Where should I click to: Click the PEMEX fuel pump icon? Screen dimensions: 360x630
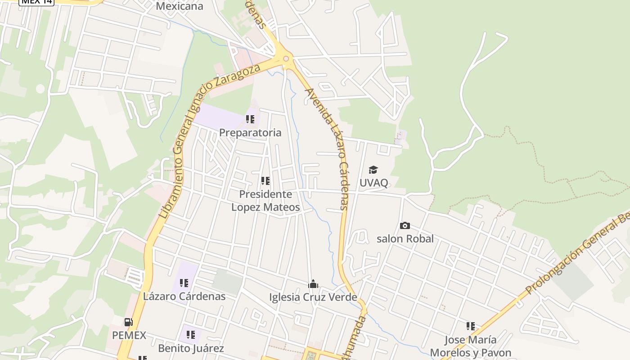[x=129, y=322]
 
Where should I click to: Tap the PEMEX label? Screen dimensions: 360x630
[x=129, y=335]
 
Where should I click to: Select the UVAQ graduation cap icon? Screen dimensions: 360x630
[x=373, y=170]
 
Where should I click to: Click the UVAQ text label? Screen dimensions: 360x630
[x=373, y=183]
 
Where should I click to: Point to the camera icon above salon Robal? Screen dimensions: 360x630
[x=405, y=225]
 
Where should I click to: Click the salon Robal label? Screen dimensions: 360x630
[x=405, y=238]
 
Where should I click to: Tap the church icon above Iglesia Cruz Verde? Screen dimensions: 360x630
[x=313, y=284]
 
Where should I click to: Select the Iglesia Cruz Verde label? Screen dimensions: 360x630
[x=313, y=297]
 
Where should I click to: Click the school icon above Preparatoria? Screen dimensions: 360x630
[x=250, y=119]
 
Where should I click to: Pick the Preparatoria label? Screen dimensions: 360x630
[x=250, y=133]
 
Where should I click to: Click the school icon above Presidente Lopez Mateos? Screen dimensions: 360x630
[x=265, y=181]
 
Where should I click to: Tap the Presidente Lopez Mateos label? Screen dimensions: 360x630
[x=265, y=201]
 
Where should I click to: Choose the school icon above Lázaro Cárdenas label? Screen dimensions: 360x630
[x=184, y=283]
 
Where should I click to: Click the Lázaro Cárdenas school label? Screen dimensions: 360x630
[x=184, y=297]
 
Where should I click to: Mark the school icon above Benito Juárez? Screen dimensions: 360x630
[x=191, y=335]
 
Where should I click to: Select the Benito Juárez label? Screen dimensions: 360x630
[x=191, y=348]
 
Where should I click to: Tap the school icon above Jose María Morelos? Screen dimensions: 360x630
[x=471, y=326]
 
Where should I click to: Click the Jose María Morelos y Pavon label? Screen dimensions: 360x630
[x=471, y=346]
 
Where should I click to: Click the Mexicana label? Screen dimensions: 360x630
[x=180, y=6]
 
